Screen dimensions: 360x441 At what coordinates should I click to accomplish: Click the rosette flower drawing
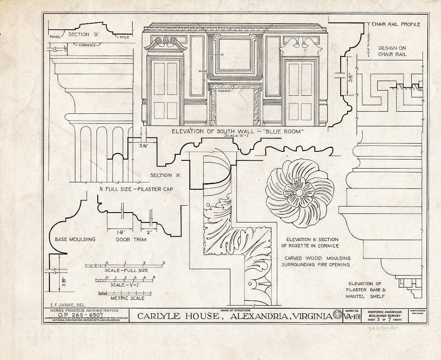point(300,193)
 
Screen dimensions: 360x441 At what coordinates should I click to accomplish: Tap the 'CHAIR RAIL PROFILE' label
point(396,25)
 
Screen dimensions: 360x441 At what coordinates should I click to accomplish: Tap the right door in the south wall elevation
point(300,91)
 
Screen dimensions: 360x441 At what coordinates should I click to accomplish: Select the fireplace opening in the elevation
point(235,108)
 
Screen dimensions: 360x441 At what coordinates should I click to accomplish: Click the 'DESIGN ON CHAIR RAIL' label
point(392,51)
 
